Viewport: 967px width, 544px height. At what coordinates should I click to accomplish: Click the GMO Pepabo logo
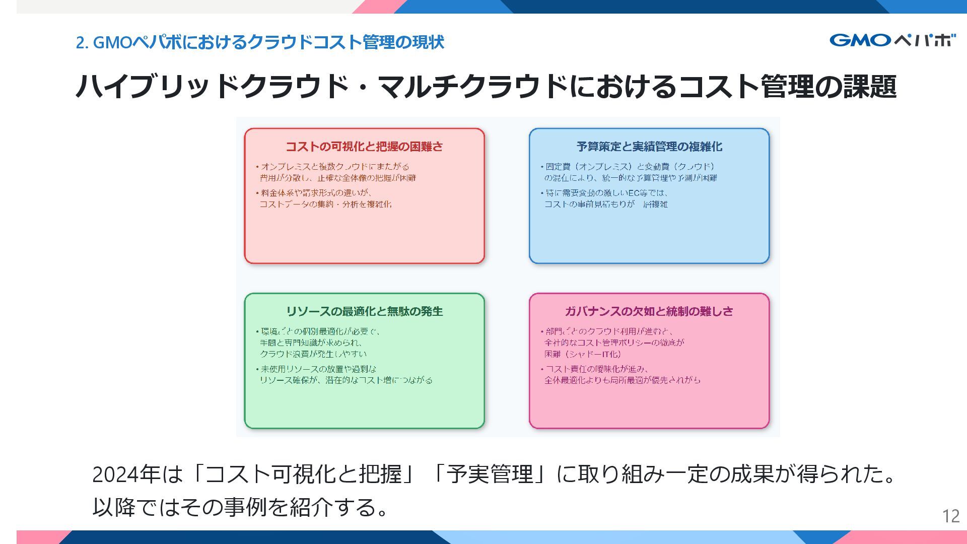(x=892, y=40)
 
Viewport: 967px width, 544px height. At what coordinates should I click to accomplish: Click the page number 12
(x=951, y=516)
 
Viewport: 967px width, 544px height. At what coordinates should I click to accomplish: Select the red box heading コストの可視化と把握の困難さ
(x=364, y=147)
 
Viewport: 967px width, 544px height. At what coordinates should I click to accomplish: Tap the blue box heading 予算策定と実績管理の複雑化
(x=649, y=147)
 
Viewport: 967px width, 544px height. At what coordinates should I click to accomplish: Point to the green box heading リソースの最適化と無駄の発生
(x=364, y=311)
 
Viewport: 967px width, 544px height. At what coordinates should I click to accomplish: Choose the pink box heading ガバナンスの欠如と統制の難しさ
(x=649, y=311)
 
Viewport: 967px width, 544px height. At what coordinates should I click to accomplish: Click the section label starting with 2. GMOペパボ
(x=260, y=42)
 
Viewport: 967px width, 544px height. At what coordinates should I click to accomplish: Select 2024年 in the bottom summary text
(x=126, y=474)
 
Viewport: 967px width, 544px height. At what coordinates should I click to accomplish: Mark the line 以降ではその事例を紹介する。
(x=241, y=507)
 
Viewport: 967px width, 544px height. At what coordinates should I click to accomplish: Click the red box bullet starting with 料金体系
(x=325, y=198)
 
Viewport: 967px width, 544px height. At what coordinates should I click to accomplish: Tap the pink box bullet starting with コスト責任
(x=623, y=375)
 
